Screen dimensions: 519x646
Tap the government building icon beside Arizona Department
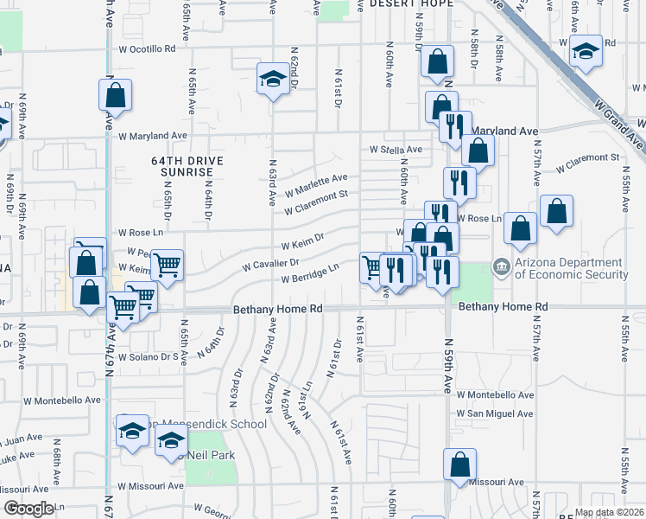pyautogui.click(x=501, y=267)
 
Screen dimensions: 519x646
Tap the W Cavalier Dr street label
pyautogui.click(x=270, y=262)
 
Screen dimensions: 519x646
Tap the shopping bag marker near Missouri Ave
pyautogui.click(x=460, y=465)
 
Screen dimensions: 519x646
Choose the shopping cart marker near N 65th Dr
pyautogui.click(x=167, y=264)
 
